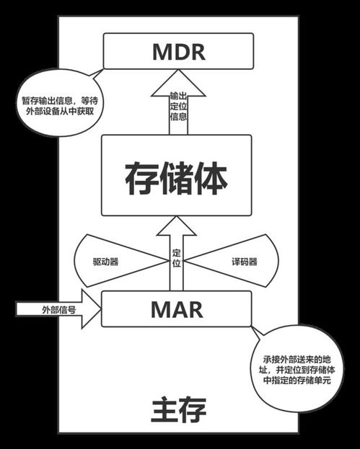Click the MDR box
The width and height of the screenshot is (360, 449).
tap(180, 52)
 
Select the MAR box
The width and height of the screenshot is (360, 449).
tap(180, 308)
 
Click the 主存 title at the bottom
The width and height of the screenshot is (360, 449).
tap(179, 411)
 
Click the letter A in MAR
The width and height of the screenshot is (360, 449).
tap(180, 308)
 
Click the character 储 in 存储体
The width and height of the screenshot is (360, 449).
tap(176, 176)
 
